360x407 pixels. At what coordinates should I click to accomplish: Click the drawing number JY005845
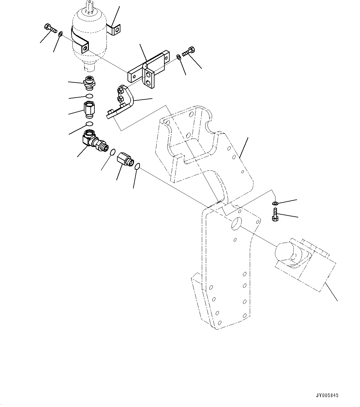327,395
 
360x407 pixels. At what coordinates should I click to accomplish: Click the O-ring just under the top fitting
89,95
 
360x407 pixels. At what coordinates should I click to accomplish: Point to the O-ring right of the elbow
113,152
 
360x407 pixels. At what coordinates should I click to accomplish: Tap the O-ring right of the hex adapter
137,167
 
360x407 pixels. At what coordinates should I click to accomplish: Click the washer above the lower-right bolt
275,203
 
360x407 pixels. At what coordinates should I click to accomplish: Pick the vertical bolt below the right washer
275,214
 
